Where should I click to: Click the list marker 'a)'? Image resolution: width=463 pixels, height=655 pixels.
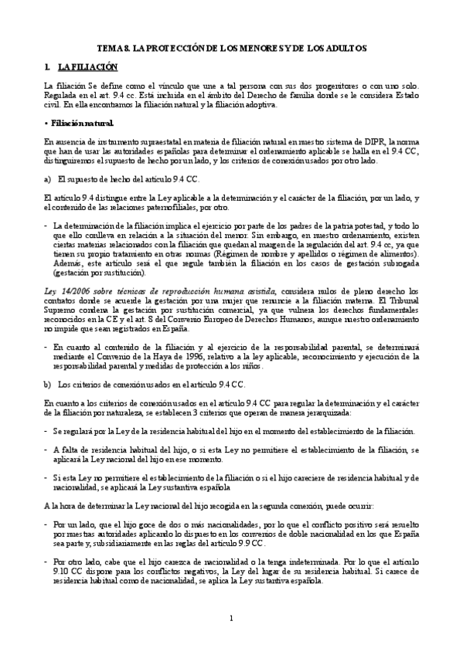pos(48,179)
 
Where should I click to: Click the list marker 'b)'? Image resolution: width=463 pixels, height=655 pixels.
pos(48,383)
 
